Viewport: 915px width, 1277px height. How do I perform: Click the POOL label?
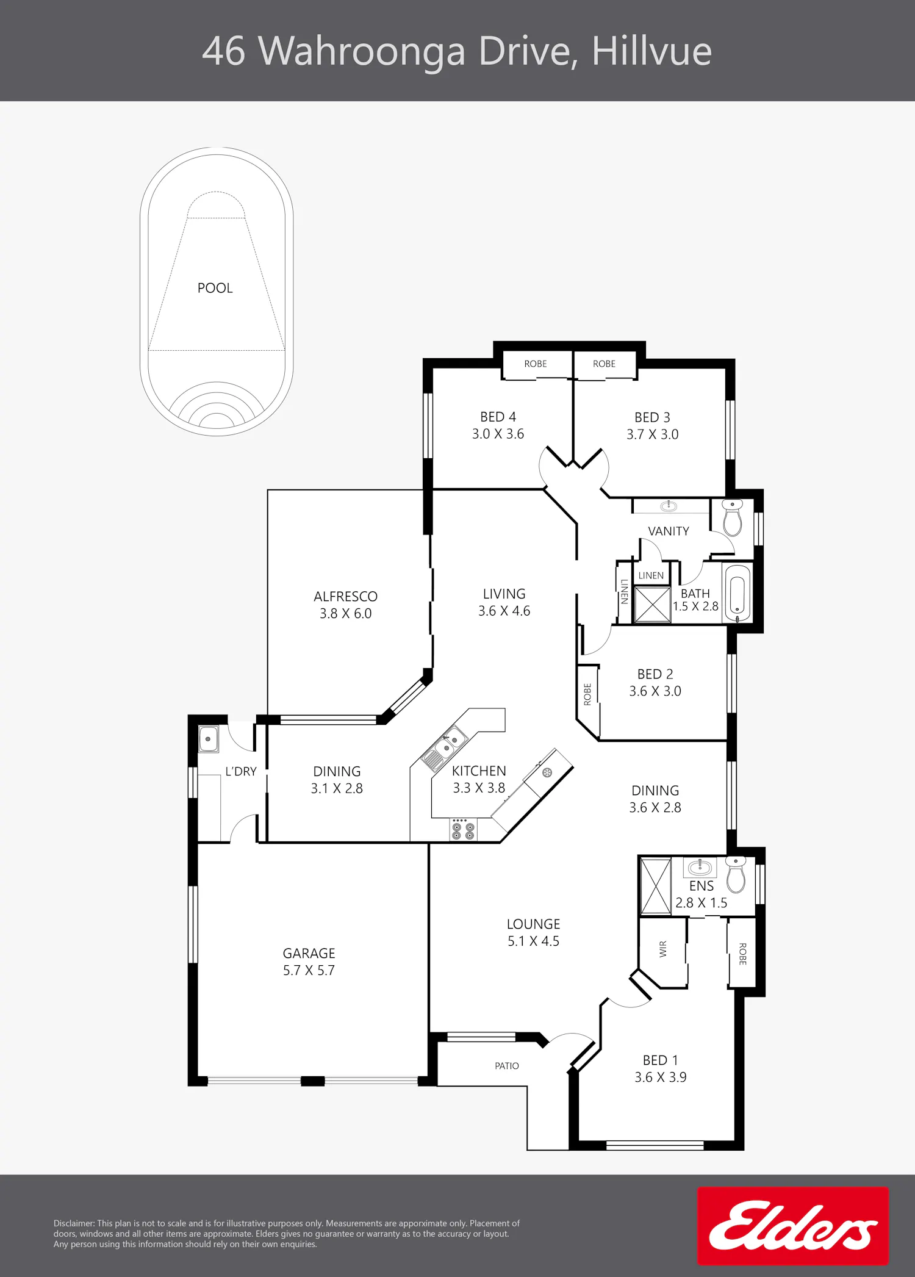coord(215,288)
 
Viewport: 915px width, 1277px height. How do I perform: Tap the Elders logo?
coord(793,1226)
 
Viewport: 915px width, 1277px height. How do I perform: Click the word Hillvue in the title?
coord(651,51)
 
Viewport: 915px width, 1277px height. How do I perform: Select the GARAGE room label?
coord(309,953)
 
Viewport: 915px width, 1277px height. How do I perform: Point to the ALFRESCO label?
coord(345,596)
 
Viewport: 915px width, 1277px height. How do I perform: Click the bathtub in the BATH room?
coord(737,592)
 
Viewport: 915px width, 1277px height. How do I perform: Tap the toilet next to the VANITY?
coord(732,517)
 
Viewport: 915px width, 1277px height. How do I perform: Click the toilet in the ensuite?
coord(736,874)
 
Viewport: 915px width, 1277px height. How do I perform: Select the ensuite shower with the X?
coord(655,886)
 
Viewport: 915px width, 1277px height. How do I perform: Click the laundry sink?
coord(208,739)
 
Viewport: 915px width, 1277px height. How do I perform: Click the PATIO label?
coord(507,1066)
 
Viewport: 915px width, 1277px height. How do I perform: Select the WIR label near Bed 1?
coord(663,949)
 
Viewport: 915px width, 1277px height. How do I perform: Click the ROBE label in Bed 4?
coord(536,364)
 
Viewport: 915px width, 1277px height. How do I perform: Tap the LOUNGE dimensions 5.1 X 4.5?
coord(533,941)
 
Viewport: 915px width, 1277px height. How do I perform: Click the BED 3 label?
coord(652,417)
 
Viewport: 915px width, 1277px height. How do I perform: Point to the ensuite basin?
coord(700,866)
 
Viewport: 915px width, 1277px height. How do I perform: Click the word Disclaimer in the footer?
coord(74,1223)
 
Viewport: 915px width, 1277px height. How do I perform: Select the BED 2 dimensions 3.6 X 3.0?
coord(655,691)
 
